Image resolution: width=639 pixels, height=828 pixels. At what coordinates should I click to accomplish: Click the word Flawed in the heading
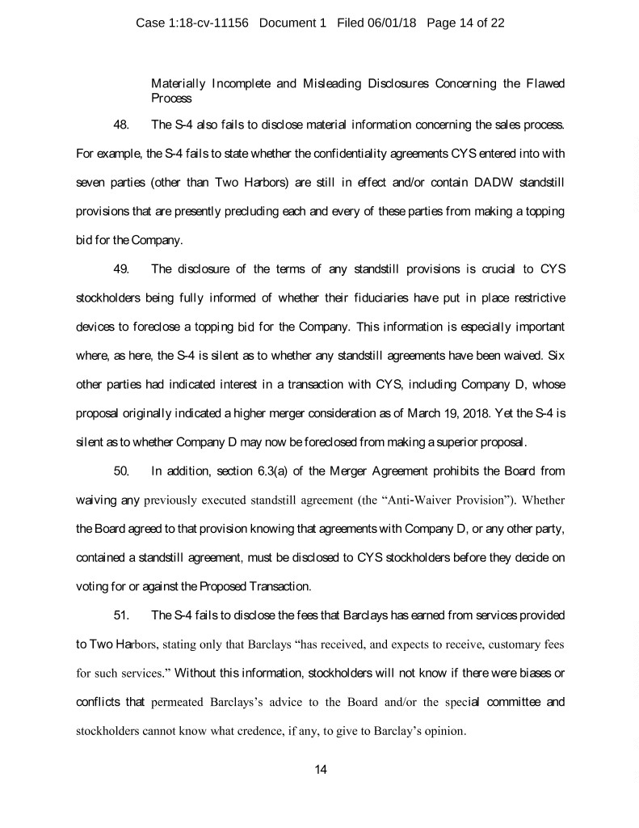[x=544, y=83]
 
